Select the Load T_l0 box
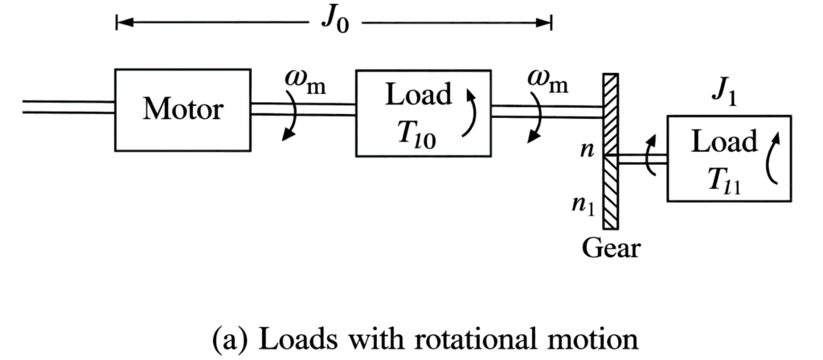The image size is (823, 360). pyautogui.click(x=423, y=112)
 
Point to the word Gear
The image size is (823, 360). pyautogui.click(x=611, y=248)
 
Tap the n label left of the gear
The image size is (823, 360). pyautogui.click(x=588, y=149)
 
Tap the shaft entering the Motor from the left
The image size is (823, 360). pyautogui.click(x=69, y=107)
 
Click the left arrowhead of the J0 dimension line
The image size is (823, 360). pyautogui.click(x=122, y=22)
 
